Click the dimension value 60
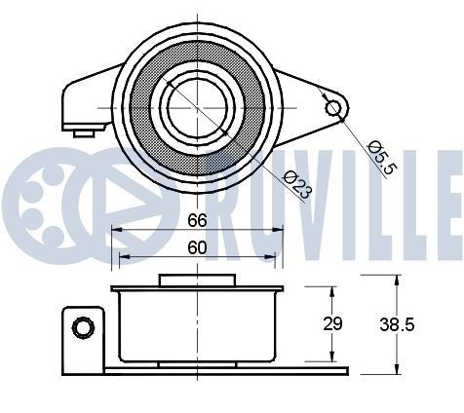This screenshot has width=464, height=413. [x=197, y=247]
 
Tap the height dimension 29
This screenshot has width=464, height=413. [x=333, y=324]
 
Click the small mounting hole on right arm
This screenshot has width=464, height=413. [x=333, y=105]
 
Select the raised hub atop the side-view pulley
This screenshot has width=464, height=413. [x=197, y=281]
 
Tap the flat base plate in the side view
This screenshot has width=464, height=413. [x=224, y=371]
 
